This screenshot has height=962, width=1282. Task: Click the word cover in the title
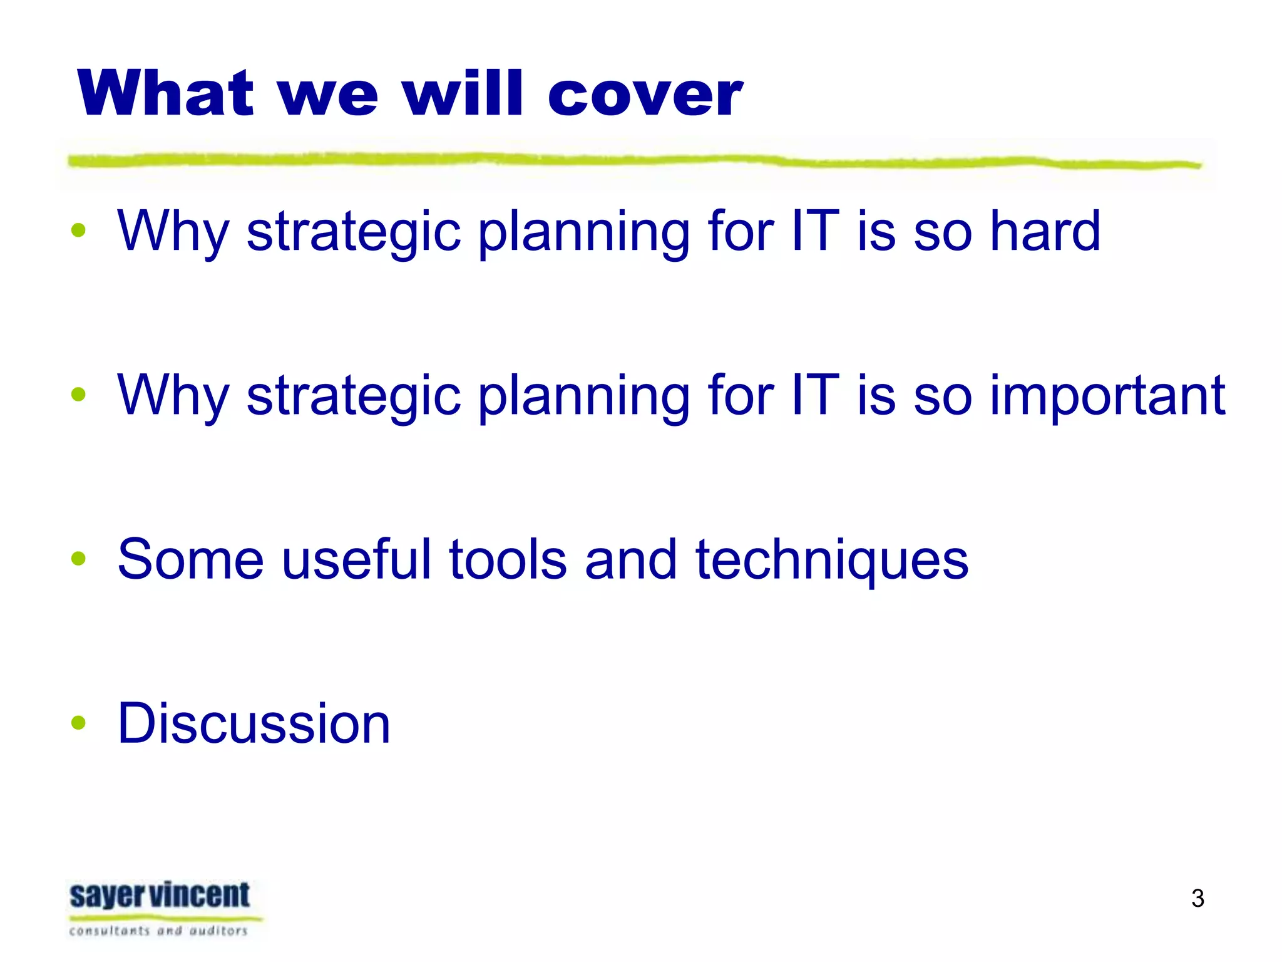click(645, 94)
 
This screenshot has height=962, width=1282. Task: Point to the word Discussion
click(254, 723)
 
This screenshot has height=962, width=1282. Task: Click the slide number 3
click(1197, 898)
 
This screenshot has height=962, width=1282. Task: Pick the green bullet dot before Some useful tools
click(78, 558)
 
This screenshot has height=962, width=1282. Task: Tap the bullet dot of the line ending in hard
click(78, 230)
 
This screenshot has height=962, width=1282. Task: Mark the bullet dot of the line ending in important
click(78, 394)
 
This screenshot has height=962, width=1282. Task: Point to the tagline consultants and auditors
click(158, 931)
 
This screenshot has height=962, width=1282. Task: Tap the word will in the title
click(463, 94)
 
